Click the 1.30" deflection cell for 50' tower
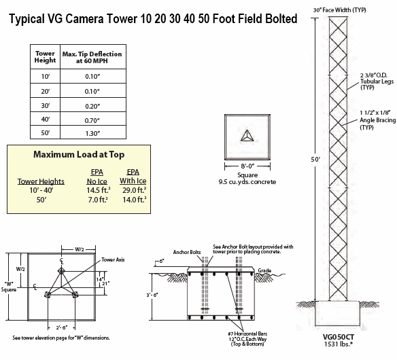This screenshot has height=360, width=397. (92, 133)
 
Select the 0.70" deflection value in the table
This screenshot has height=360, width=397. (92, 120)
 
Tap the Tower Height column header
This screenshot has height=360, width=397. (45, 57)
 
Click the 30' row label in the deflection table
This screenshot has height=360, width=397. (46, 105)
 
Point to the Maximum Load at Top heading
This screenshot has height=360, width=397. (79, 155)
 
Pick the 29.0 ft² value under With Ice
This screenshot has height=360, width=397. (134, 190)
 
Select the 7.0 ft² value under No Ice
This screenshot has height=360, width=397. (98, 200)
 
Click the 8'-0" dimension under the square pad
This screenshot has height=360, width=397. (247, 166)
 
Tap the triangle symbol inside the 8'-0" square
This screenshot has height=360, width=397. (247, 136)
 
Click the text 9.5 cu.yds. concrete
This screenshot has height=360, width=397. (247, 182)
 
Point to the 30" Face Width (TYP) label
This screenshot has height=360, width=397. (339, 10)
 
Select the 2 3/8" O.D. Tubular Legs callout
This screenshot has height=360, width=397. (377, 82)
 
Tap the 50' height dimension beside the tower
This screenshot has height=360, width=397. (315, 160)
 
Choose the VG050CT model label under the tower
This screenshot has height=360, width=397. (339, 337)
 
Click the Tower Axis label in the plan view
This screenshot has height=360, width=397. (113, 259)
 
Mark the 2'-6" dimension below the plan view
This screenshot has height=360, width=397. (62, 327)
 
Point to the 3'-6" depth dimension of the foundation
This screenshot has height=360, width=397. (152, 295)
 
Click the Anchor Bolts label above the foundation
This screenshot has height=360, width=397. (187, 252)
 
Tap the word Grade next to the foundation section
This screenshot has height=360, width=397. (264, 270)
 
